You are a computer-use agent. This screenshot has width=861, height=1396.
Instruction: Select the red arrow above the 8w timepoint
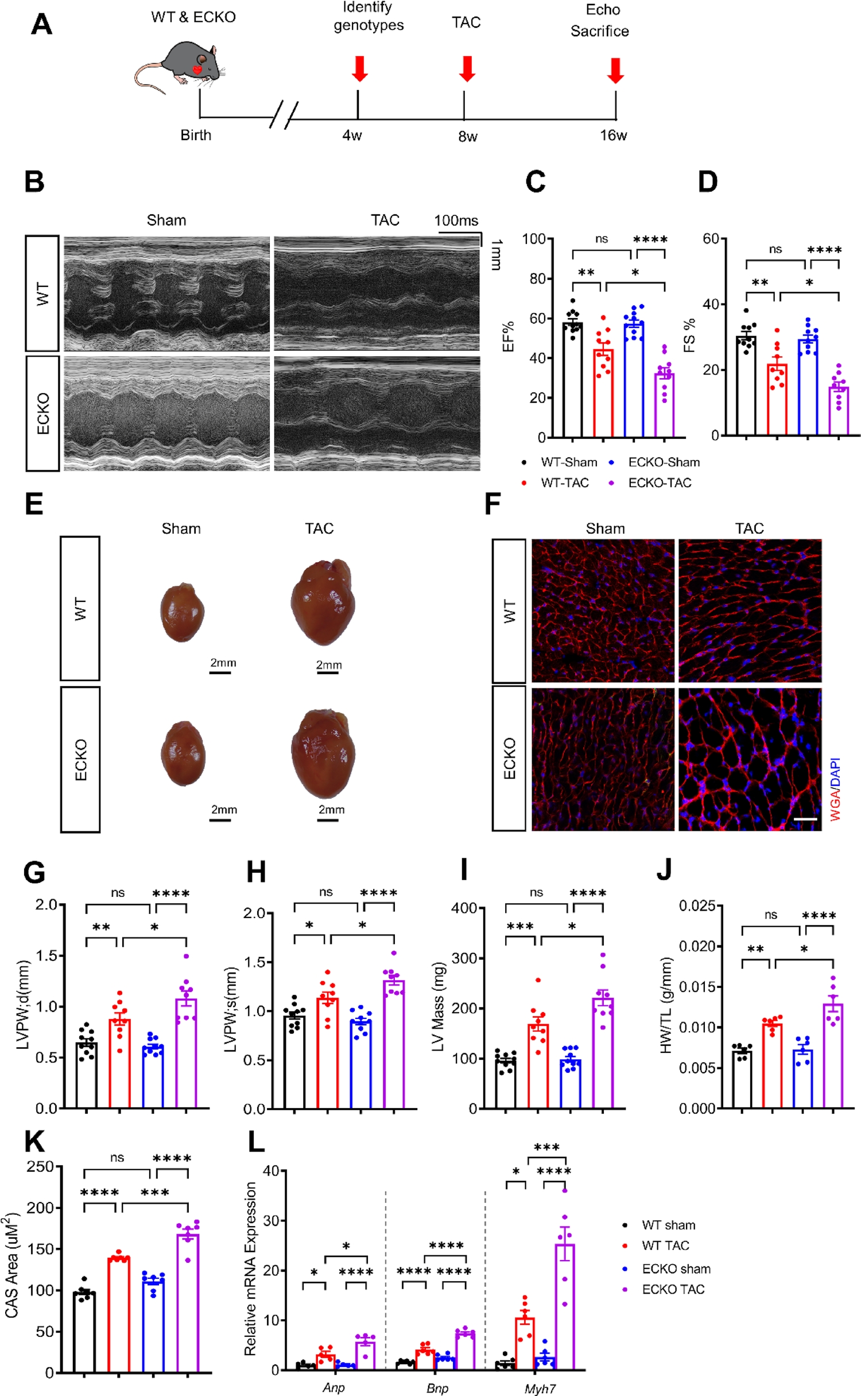(x=467, y=68)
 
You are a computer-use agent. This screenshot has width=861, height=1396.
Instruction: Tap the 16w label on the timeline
(x=613, y=135)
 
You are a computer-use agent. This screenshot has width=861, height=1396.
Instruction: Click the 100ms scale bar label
(x=456, y=220)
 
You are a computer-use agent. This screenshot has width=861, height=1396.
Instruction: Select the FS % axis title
(x=689, y=335)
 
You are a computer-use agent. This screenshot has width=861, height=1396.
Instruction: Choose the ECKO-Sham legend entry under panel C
(x=664, y=462)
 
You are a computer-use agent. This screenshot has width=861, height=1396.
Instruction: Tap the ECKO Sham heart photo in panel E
(x=183, y=753)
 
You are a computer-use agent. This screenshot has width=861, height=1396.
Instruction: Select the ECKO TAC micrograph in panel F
(x=750, y=759)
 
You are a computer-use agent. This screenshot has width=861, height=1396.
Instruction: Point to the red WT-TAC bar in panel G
(x=119, y=1061)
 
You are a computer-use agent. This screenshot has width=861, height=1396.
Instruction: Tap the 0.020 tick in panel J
(x=697, y=946)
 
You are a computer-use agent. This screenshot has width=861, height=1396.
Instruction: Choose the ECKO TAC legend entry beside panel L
(x=673, y=1290)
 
